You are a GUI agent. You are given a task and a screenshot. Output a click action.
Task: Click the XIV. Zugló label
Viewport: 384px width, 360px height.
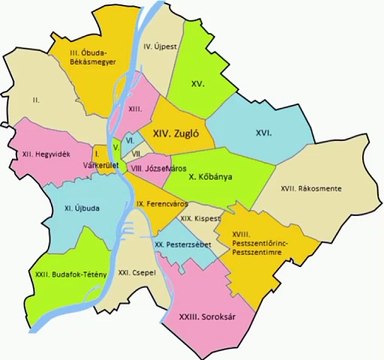tap(178, 131)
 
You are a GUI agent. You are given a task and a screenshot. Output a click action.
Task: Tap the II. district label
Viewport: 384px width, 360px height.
tap(35, 100)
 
